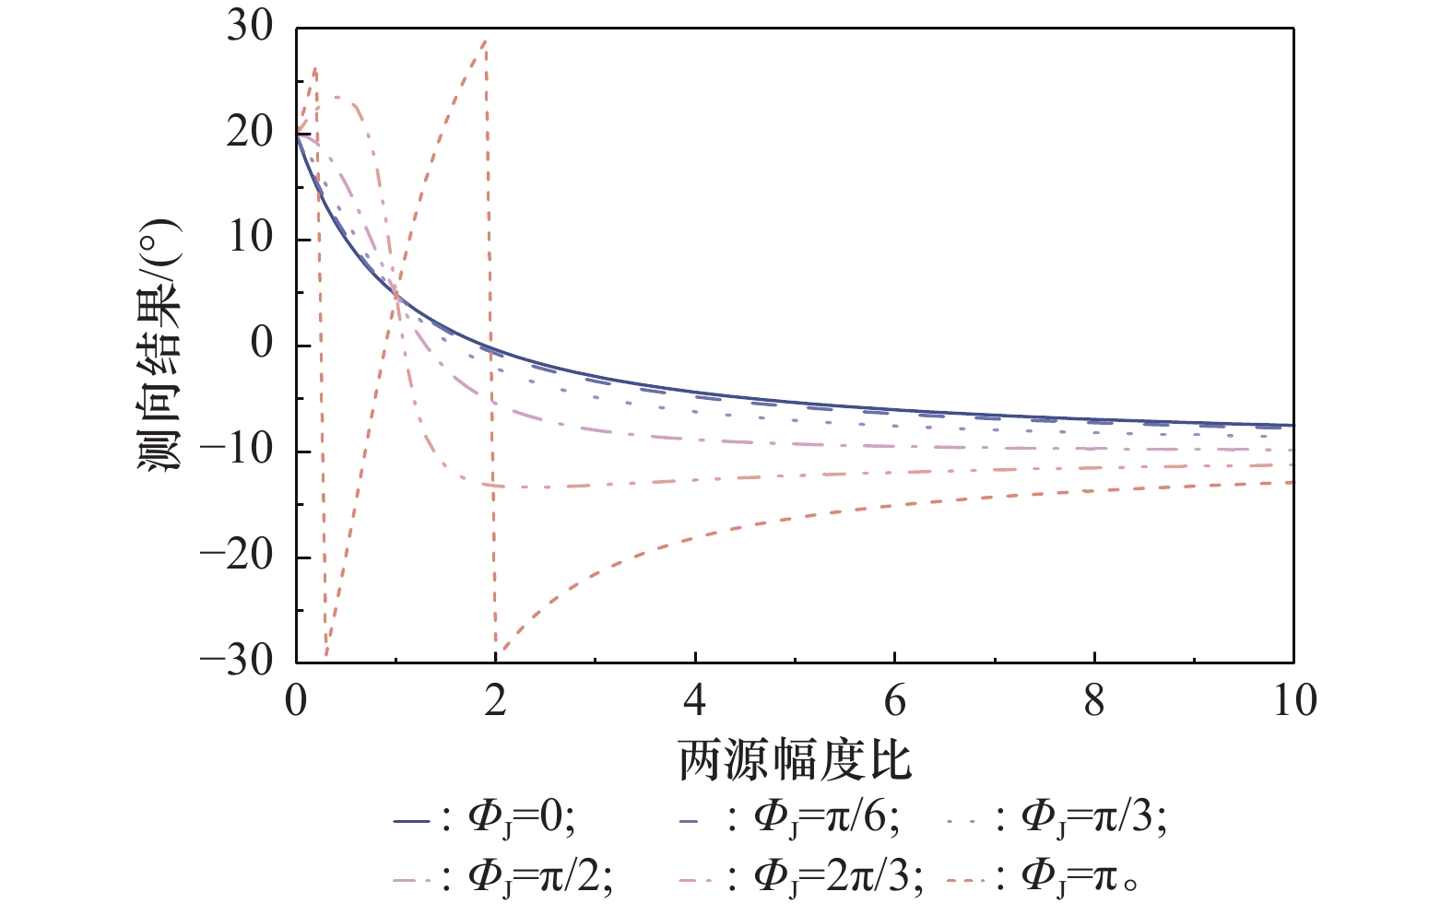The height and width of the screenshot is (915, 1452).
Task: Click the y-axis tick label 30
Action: (250, 27)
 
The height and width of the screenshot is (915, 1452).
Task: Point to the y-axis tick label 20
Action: (250, 133)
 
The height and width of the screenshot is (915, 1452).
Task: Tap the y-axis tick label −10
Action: (237, 451)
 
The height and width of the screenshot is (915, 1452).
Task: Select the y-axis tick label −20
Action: (237, 557)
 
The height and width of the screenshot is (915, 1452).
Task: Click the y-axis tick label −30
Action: (237, 662)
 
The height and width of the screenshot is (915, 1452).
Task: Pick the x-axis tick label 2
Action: (496, 701)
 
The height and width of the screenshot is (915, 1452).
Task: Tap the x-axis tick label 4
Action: (695, 701)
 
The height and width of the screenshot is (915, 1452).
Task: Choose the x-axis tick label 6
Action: (895, 701)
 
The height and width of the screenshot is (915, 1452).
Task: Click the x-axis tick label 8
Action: (1094, 701)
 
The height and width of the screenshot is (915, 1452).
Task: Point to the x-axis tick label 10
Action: (1294, 701)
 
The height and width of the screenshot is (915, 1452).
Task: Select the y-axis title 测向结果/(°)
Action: (160, 346)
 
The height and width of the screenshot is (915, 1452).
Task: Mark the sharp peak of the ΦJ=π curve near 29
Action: (485, 40)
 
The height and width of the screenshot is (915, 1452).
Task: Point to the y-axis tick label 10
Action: (250, 239)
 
